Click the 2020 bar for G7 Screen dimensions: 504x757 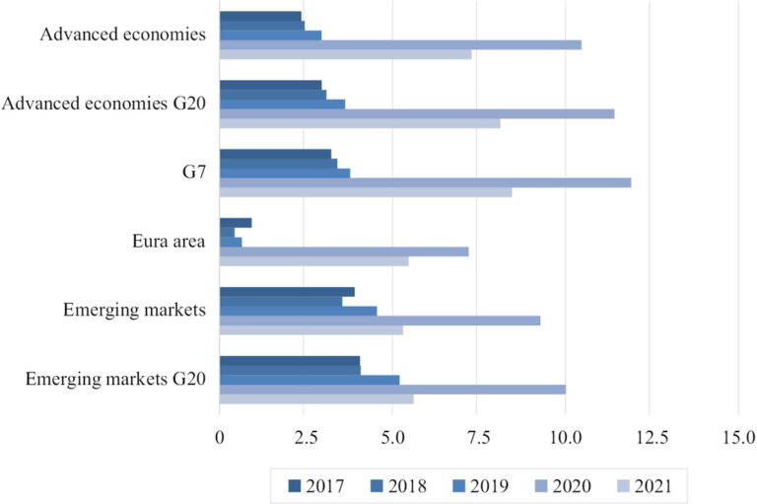pyautogui.click(x=424, y=182)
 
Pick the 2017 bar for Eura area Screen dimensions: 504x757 pyautogui.click(x=235, y=223)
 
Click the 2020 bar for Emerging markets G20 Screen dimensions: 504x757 pyautogui.click(x=391, y=389)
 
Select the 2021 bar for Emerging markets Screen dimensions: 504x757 pyautogui.click(x=310, y=329)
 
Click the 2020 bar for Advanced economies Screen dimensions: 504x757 pyautogui.click(x=399, y=44)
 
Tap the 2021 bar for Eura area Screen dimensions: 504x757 pyautogui.click(x=313, y=261)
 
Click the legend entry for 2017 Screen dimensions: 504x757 pyautogui.click(x=317, y=484)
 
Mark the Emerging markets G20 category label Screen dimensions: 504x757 pyautogui.click(x=115, y=379)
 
